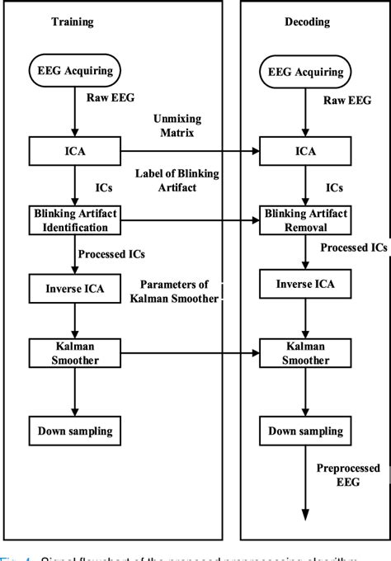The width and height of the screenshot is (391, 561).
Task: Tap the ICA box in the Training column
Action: (74, 151)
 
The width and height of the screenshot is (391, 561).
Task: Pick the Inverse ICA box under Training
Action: (74, 287)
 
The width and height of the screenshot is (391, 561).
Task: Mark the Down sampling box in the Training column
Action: (74, 430)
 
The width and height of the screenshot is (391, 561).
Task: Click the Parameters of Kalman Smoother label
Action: (181, 291)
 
